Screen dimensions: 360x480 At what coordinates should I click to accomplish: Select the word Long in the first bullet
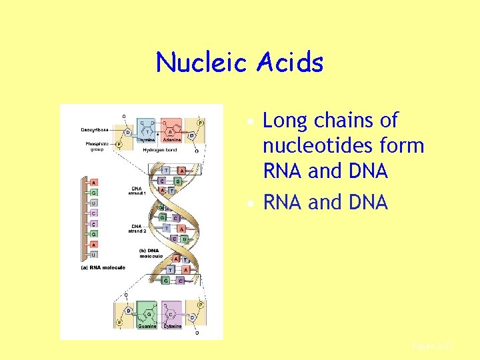tap(287, 121)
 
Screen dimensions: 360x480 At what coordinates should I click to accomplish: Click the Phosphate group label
tap(97, 147)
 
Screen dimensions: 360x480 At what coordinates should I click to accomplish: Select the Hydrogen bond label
tap(160, 151)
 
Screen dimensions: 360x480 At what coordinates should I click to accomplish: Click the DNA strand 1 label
tap(137, 191)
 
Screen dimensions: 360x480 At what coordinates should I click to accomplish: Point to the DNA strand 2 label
tap(137, 229)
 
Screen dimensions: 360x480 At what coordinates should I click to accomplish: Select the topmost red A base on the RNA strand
tap(94, 183)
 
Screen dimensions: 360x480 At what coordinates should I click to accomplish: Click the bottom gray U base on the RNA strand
tap(94, 255)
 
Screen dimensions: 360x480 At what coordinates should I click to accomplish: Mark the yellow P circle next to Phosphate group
tap(119, 143)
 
